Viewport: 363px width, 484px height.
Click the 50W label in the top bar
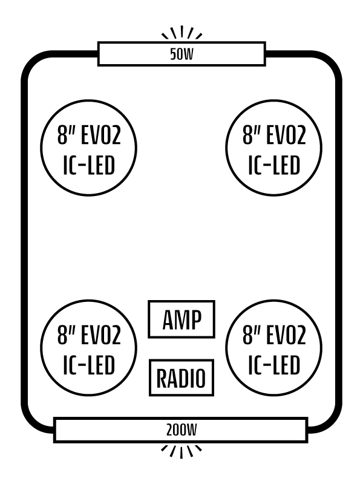181,54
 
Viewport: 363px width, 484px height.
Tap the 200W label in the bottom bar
181,430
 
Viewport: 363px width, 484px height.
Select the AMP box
181,319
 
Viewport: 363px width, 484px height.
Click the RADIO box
181,378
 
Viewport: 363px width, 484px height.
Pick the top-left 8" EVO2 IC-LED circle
89,148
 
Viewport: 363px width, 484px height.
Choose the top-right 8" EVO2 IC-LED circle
274,148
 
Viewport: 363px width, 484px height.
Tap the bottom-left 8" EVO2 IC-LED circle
89,348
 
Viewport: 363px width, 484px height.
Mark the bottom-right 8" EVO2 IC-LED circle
274,348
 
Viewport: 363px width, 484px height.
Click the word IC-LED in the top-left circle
89,165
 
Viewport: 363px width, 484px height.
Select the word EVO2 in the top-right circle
284,135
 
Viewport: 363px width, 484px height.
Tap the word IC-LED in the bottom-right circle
274,365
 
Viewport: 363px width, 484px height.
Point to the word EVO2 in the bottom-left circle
99,335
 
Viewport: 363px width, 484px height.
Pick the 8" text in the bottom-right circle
250,335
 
